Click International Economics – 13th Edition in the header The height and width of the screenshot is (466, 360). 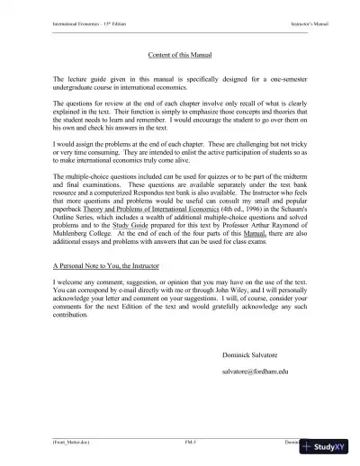[78, 19]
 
